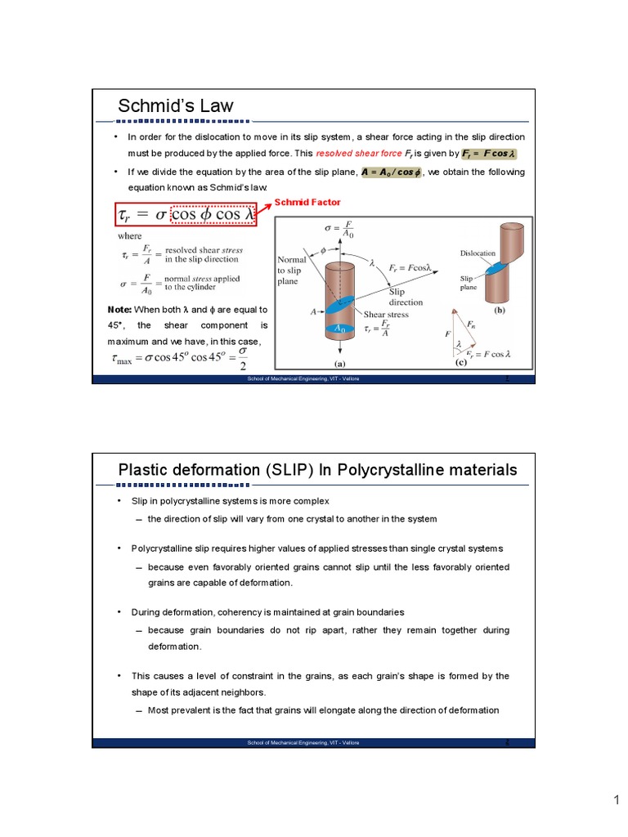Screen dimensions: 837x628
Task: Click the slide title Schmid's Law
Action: click(176, 106)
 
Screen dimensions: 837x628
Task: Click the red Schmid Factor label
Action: click(307, 202)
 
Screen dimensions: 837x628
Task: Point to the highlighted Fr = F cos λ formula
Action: click(489, 154)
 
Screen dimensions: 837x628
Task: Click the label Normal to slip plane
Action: click(292, 267)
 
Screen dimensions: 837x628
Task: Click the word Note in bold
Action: click(119, 311)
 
